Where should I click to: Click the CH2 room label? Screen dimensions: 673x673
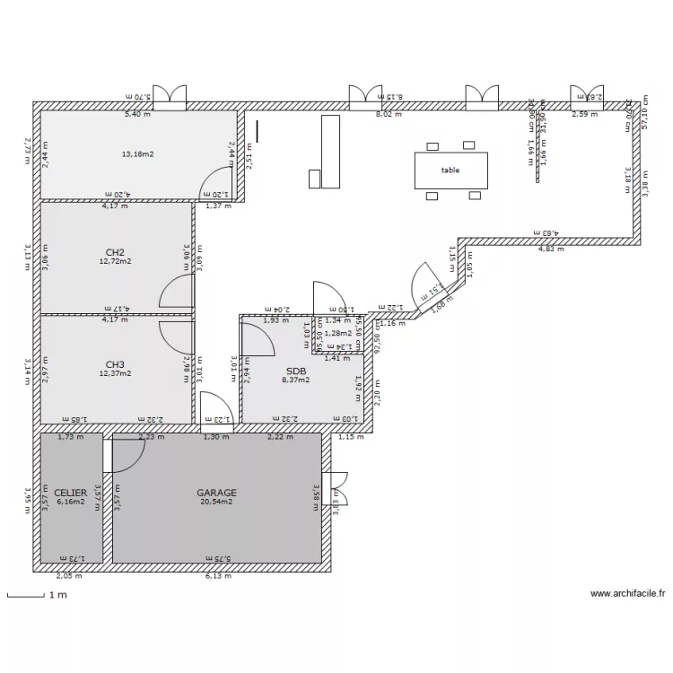point(114,252)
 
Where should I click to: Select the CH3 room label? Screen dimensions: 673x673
point(114,364)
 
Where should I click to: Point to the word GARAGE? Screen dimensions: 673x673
point(217,493)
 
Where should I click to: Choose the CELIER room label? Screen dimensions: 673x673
point(70,493)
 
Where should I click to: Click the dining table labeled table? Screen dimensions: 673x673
point(450,170)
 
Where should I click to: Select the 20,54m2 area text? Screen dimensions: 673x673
point(217,503)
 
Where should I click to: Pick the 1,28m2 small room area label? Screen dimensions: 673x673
point(337,334)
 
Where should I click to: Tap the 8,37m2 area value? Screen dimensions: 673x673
point(296,380)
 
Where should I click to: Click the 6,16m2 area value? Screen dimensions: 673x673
point(70,503)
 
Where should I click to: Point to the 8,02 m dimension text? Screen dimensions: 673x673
point(389,114)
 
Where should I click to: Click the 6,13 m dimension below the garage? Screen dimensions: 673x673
point(218,576)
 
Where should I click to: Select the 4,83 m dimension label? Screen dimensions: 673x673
point(551,249)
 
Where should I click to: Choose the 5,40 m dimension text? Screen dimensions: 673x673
point(137,114)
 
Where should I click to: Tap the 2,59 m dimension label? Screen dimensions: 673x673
point(585,114)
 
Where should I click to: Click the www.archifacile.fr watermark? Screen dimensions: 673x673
point(627,593)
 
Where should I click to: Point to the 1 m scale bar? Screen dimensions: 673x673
point(27,595)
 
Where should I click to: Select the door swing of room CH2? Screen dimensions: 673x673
point(178,293)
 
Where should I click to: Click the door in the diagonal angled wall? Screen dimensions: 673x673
point(429,285)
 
